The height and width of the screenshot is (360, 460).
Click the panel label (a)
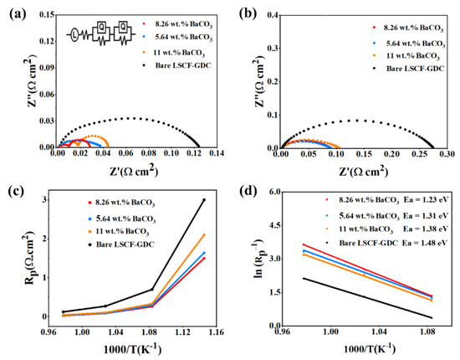click(x=13, y=12)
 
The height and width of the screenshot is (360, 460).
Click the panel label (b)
click(x=245, y=12)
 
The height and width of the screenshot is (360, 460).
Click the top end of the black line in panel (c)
click(x=204, y=199)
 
